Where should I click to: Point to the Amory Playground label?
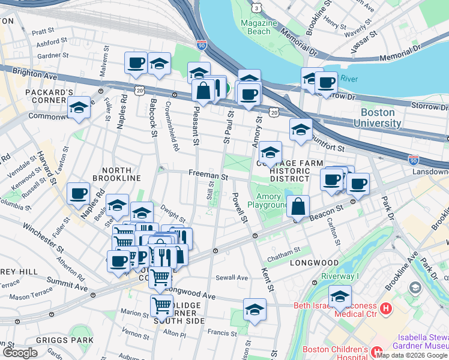pos(273,201)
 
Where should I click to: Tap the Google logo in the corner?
pos(20,353)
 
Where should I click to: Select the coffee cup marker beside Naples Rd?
pos(79,193)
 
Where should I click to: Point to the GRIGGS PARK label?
pos(72,340)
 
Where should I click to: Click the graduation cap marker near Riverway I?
pos(340,296)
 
